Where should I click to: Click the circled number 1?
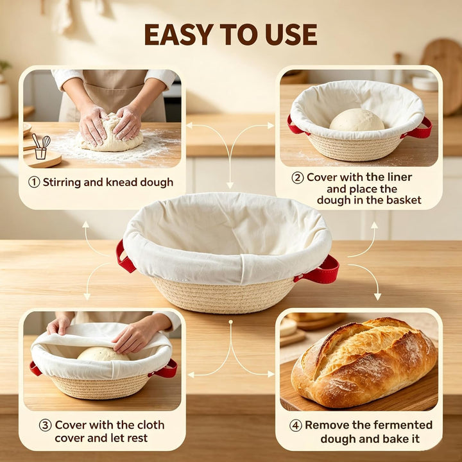click(34, 182)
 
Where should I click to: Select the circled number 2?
click(298, 178)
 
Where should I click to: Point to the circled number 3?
click(45, 425)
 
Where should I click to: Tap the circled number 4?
click(296, 425)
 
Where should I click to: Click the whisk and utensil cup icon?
click(41, 146)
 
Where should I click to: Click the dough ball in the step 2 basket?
click(357, 120)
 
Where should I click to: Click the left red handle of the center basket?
click(124, 256)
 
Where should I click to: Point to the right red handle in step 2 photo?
click(418, 130)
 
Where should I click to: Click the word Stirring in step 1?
click(62, 182)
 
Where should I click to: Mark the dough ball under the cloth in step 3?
click(103, 354)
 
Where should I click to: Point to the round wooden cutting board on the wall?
click(442, 76)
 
